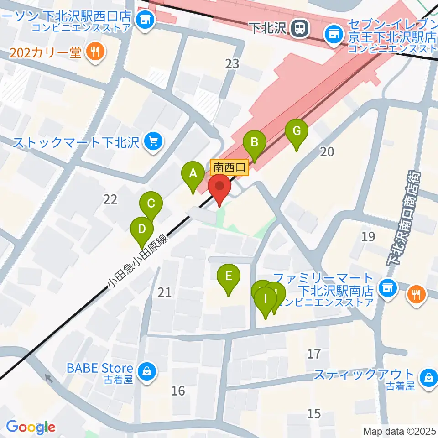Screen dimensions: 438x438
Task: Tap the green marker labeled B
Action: point(255,143)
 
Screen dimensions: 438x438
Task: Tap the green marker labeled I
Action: point(266,302)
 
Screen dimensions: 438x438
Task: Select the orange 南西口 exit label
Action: point(229,167)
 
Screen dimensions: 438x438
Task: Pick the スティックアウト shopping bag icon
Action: point(429,376)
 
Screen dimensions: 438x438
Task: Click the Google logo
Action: point(31,427)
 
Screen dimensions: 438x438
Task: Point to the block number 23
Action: point(232,64)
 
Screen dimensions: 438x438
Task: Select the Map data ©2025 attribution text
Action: point(399,431)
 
